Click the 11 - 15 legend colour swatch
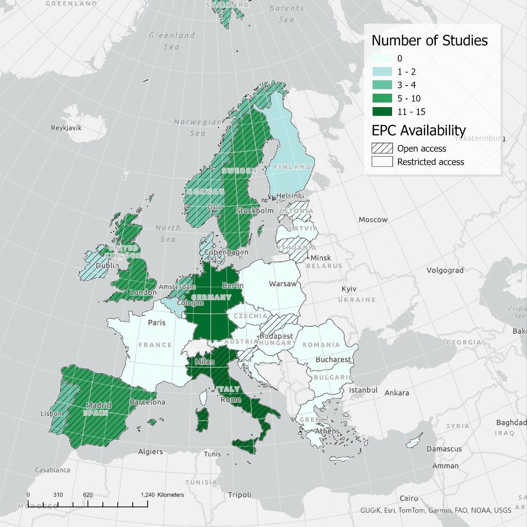pos(382,112)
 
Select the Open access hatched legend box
pos(382,148)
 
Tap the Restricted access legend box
pos(382,162)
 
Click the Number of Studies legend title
pos(430,41)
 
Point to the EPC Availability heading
pos(419,130)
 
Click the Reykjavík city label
pos(66,128)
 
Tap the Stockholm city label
pos(255,210)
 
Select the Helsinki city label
pos(290,196)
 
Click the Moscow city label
pos(373,220)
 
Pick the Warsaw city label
pos(283,284)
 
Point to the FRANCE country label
pos(155,345)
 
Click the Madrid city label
pos(99,405)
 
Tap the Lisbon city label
pos(51,413)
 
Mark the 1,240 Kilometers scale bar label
pos(162,495)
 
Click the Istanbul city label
pos(363,390)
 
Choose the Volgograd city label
pos(445,270)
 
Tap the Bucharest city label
pos(333,359)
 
